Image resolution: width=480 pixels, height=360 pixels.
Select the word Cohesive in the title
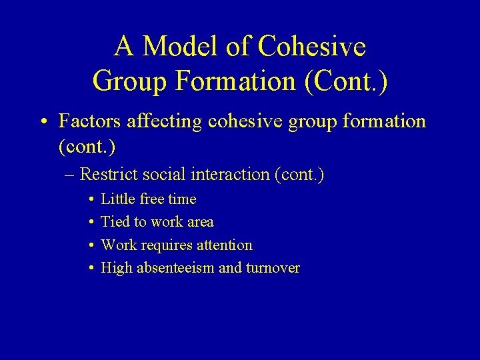311,47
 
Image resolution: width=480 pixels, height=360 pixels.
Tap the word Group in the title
131,81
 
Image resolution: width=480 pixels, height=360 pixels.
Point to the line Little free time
148,199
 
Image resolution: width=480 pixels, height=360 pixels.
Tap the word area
201,222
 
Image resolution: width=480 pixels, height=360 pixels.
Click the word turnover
273,268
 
